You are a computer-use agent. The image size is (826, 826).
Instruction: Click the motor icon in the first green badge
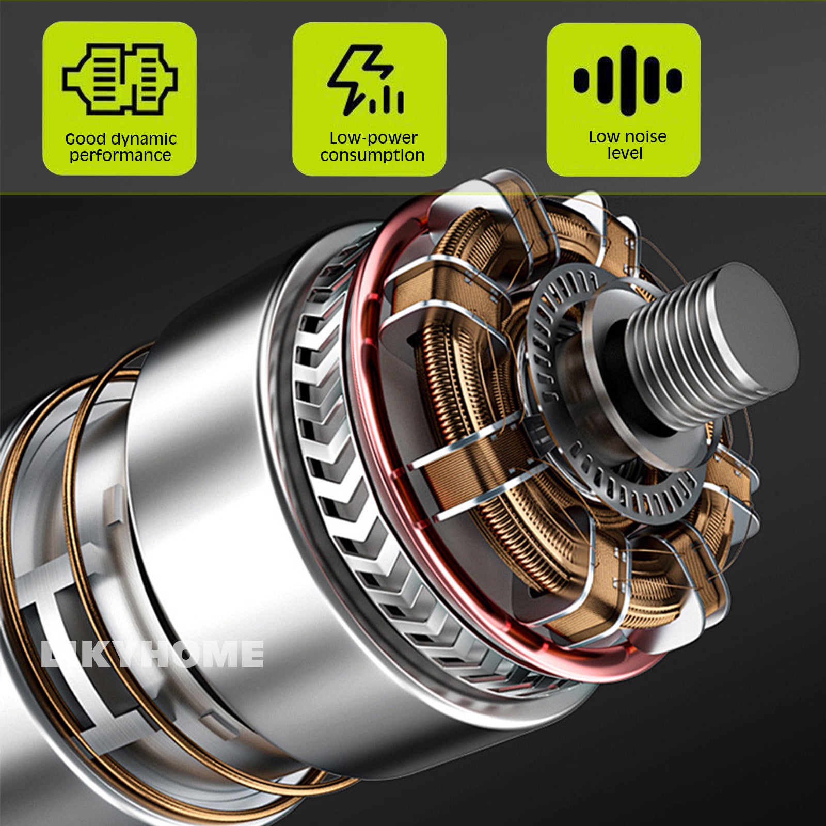[120, 79]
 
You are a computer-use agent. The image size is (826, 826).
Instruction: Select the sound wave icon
[628, 81]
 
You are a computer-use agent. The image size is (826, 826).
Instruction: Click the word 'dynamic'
[143, 139]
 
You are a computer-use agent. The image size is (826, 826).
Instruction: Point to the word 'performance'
[120, 156]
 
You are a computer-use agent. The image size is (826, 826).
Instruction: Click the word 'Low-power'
[373, 138]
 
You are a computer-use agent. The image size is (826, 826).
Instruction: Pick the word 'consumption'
[372, 155]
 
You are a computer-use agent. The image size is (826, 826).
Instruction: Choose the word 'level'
[625, 153]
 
